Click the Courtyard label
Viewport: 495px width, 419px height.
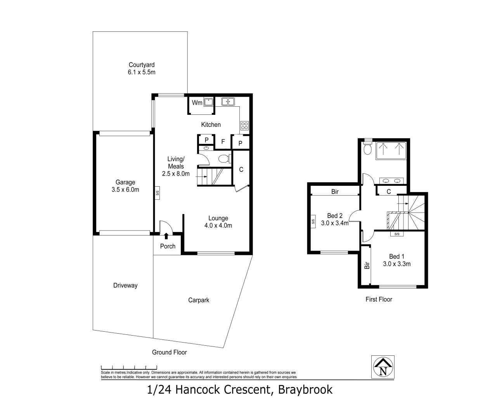coord(142,65)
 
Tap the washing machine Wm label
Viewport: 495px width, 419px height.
coord(197,103)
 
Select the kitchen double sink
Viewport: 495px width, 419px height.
coord(228,102)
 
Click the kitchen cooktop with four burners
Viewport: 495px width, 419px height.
coord(244,125)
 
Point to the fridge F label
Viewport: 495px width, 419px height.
coord(223,142)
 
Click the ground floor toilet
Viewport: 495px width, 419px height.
coord(224,158)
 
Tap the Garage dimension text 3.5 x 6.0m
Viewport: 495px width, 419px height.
coord(125,190)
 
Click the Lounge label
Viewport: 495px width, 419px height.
coord(218,218)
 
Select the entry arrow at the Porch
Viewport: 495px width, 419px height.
coord(166,236)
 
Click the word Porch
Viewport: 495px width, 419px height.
coord(168,246)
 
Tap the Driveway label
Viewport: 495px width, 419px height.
coord(125,286)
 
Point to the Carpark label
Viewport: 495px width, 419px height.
coord(199,300)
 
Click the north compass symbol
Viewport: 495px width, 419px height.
coord(383,367)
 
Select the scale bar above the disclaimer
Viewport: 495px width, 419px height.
coord(129,367)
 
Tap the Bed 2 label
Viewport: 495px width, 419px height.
coord(334,216)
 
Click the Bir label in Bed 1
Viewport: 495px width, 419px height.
coord(366,265)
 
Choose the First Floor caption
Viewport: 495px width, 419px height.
coord(379,300)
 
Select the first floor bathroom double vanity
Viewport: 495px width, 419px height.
coord(391,181)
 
